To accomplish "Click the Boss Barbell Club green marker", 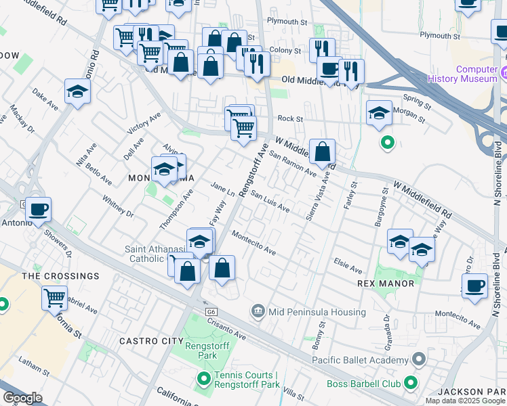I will point(411,384).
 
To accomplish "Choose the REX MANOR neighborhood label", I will point(386,284).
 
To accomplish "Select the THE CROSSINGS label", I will point(60,276).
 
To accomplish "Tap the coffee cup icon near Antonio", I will point(39,210).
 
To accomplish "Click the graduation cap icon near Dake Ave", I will point(77,92).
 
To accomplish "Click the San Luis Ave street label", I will point(270,202).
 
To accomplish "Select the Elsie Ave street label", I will point(350,265).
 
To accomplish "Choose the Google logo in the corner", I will point(22,398).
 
